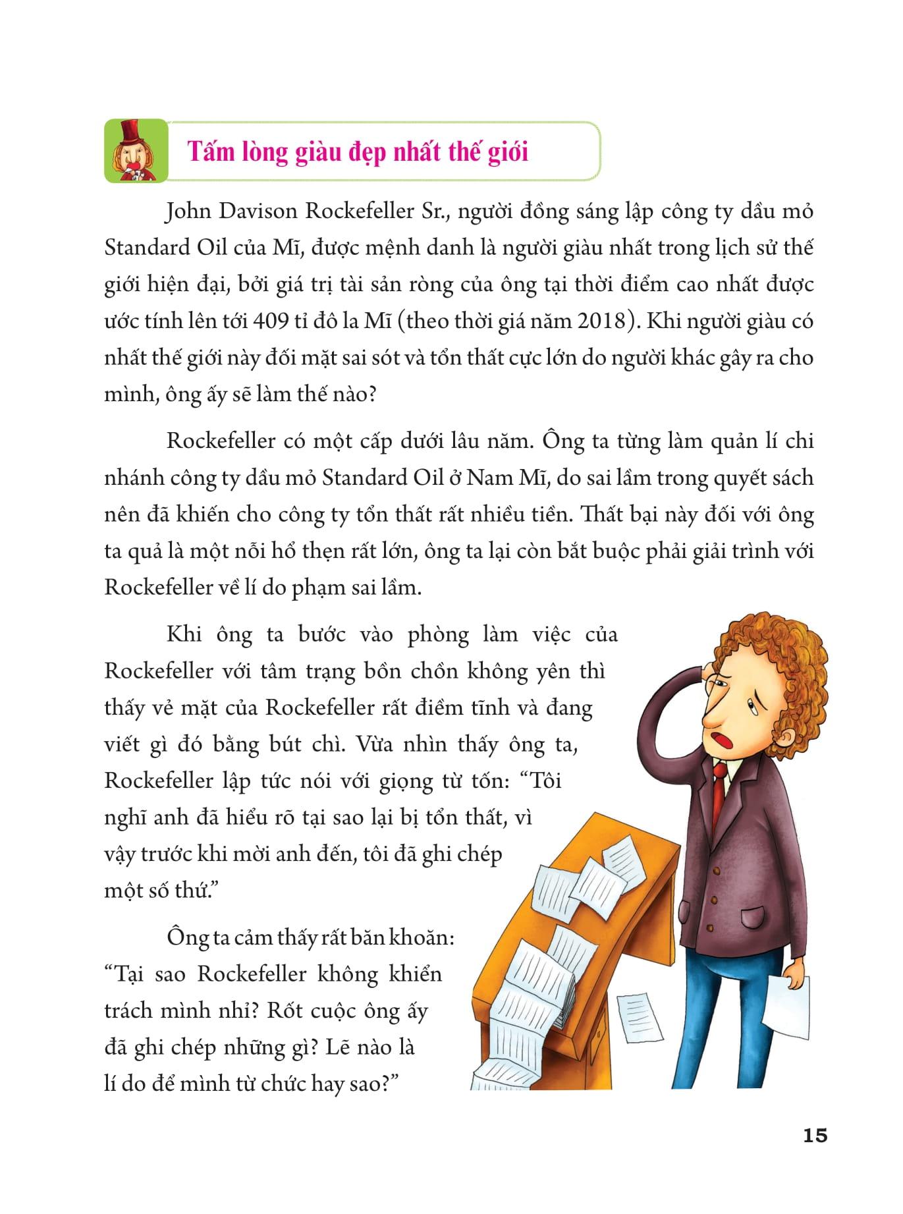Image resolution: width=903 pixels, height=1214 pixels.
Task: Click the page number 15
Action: click(815, 1136)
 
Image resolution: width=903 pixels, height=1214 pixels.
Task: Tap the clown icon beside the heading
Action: click(136, 151)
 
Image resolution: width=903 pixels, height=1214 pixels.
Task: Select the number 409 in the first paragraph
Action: click(286, 321)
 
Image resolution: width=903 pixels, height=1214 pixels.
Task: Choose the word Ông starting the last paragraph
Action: click(182, 936)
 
